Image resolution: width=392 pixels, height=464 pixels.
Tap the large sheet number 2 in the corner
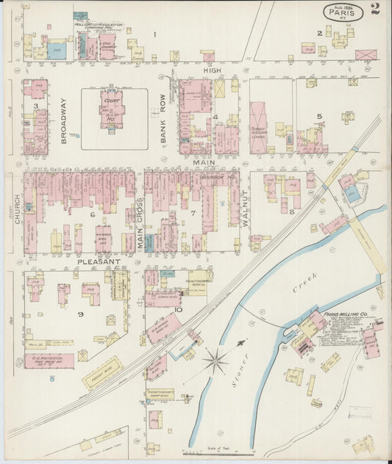click(x=375, y=10)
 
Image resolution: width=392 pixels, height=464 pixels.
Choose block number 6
click(x=92, y=214)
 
